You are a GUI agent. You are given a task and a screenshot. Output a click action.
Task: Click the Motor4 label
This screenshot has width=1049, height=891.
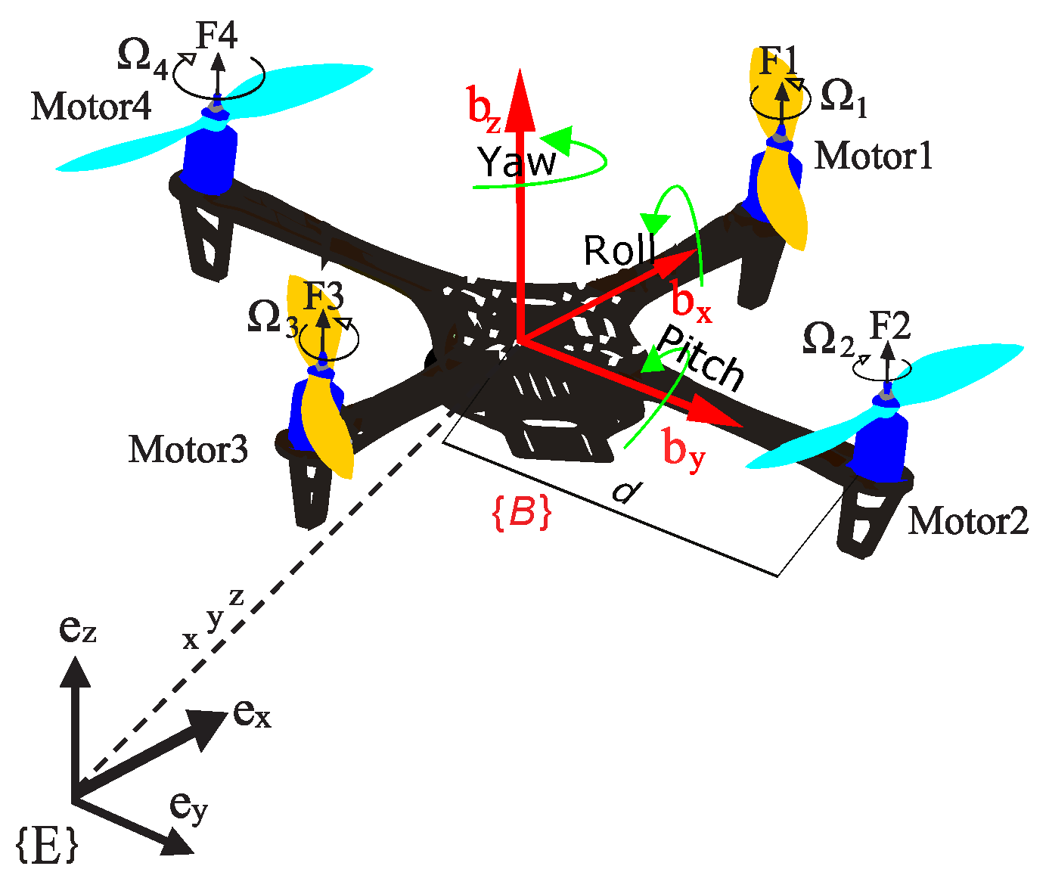[91, 107]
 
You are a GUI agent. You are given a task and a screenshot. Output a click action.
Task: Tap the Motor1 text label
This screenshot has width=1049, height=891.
[874, 156]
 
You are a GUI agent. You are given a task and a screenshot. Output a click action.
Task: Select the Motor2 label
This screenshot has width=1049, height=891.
[968, 521]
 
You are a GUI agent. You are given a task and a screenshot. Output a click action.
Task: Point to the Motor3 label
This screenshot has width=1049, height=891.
[188, 450]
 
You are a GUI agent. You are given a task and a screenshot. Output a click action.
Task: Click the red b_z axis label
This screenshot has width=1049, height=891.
[483, 108]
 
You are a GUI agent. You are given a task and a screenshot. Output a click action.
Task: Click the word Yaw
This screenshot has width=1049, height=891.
[517, 162]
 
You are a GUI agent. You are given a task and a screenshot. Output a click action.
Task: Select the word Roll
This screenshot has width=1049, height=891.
[619, 251]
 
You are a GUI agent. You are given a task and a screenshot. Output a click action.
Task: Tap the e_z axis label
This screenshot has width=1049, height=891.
[77, 629]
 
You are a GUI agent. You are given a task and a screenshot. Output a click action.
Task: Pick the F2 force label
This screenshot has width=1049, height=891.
[889, 327]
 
